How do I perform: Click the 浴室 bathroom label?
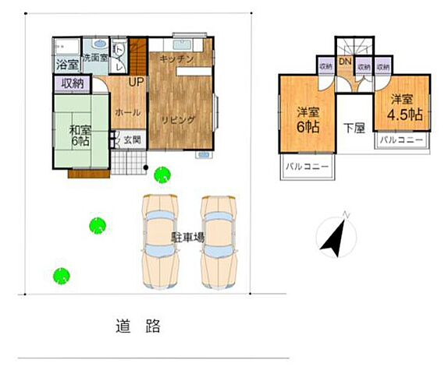66,64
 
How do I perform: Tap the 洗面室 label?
96,57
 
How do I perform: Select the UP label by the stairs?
135,82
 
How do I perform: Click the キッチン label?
176,59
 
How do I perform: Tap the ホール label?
128,112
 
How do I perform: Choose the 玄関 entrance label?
132,140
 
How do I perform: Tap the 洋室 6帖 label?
307,118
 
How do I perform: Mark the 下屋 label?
354,129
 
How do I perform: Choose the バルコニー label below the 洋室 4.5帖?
402,140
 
